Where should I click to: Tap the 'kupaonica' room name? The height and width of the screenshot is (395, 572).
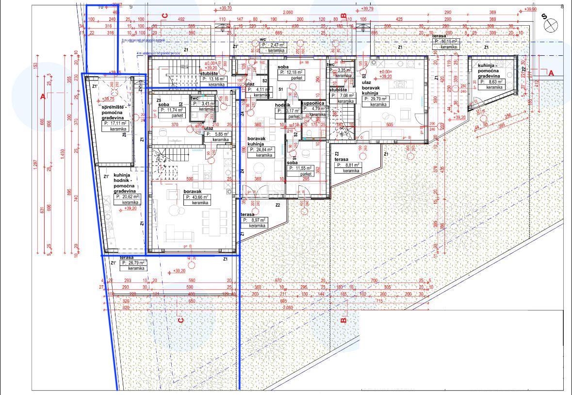pos(312,103)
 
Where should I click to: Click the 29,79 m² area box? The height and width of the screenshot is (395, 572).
pos(376,99)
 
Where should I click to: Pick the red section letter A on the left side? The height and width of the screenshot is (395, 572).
pos(43,97)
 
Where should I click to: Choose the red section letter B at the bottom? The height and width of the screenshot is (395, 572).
pos(343,320)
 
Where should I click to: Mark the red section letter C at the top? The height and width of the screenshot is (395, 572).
pos(164,16)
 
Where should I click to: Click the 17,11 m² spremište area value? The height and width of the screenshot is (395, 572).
pos(115,124)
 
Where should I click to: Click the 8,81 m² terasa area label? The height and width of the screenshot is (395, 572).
pos(348,165)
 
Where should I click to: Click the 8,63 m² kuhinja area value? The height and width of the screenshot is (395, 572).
pos(491,82)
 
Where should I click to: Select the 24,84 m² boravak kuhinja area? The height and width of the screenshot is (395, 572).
pos(261,150)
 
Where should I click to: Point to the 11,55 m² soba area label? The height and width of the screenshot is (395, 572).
pos(300,168)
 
